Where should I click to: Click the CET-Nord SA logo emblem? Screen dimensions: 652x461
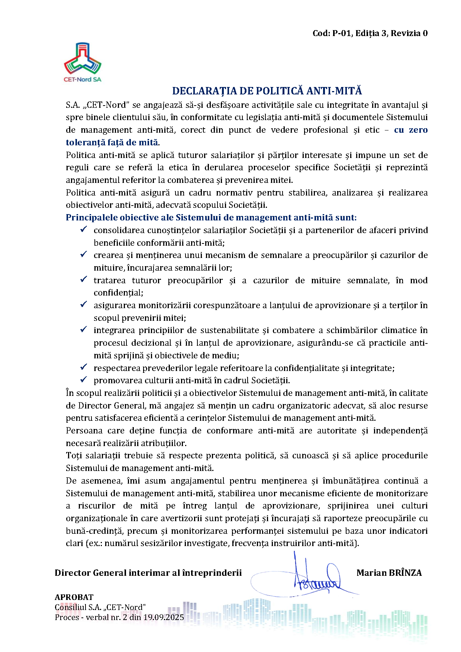coord(83,58)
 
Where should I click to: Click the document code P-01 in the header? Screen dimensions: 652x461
coord(342,33)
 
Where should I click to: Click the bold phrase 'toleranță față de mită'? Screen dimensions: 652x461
coord(112,142)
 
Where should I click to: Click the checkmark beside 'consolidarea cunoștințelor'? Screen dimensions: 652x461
coord(84,229)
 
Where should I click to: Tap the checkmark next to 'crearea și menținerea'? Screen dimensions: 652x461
coord(84,255)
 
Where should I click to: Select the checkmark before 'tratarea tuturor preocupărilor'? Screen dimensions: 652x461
coord(84,280)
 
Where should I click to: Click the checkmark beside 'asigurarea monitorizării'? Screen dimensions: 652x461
coord(84,304)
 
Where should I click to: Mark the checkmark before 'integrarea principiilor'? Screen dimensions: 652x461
coord(84,330)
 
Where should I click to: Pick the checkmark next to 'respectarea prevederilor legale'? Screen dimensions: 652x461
coord(84,367)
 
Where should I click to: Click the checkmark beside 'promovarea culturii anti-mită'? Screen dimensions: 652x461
coord(84,380)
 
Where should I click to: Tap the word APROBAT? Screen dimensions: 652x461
coord(74,597)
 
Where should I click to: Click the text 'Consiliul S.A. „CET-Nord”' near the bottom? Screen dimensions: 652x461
coord(100,607)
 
